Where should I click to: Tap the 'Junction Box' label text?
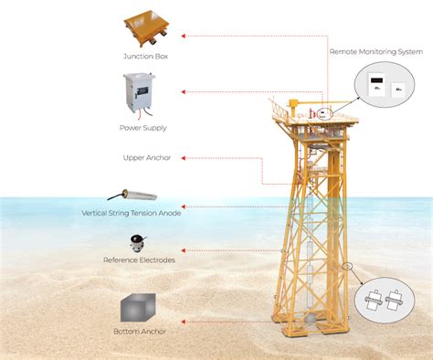tap(145, 57)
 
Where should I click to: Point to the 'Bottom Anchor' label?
tap(139, 332)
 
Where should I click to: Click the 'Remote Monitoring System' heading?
tap(376, 52)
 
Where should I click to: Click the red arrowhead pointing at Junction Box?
tap(184, 37)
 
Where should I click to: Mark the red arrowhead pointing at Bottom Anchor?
tap(184, 321)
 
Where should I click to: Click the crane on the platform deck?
tap(294, 101)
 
